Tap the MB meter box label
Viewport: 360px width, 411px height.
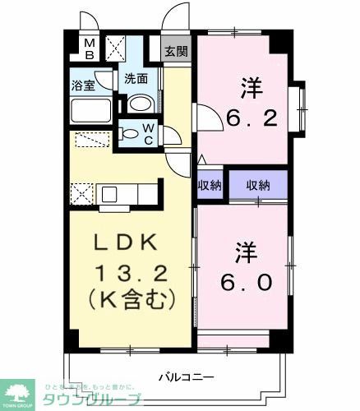click(91, 49)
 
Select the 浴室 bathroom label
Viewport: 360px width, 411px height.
click(82, 84)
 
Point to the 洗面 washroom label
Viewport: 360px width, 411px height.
click(136, 80)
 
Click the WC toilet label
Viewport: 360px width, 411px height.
click(149, 132)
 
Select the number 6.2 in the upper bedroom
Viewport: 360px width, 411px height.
click(252, 118)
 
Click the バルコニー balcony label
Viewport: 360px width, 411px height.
click(187, 377)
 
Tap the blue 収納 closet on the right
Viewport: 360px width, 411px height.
click(258, 185)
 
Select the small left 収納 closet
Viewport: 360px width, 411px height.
click(210, 185)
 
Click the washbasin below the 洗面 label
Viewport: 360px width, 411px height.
click(140, 104)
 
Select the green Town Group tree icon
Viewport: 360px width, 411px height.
click(19, 391)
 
